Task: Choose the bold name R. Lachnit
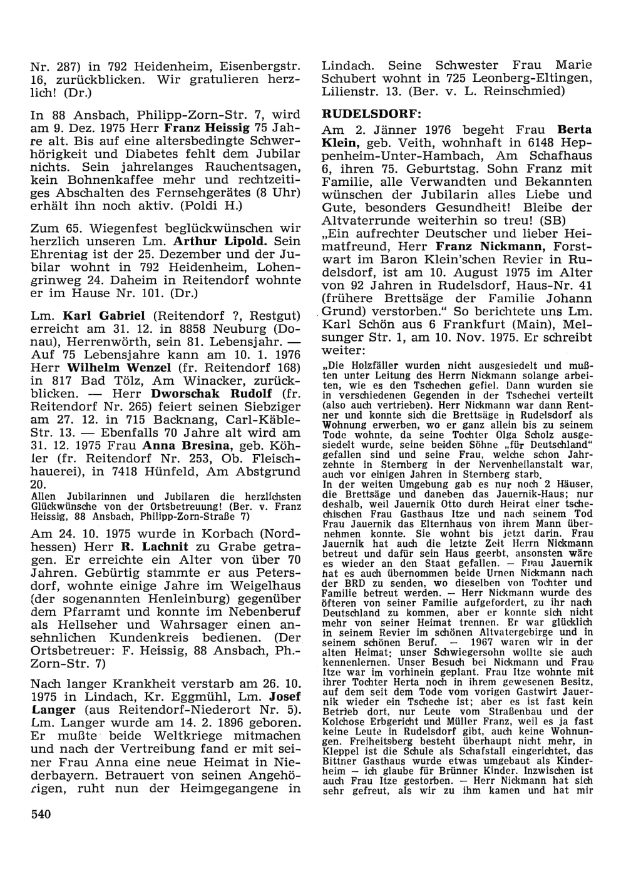[x=149, y=546]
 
